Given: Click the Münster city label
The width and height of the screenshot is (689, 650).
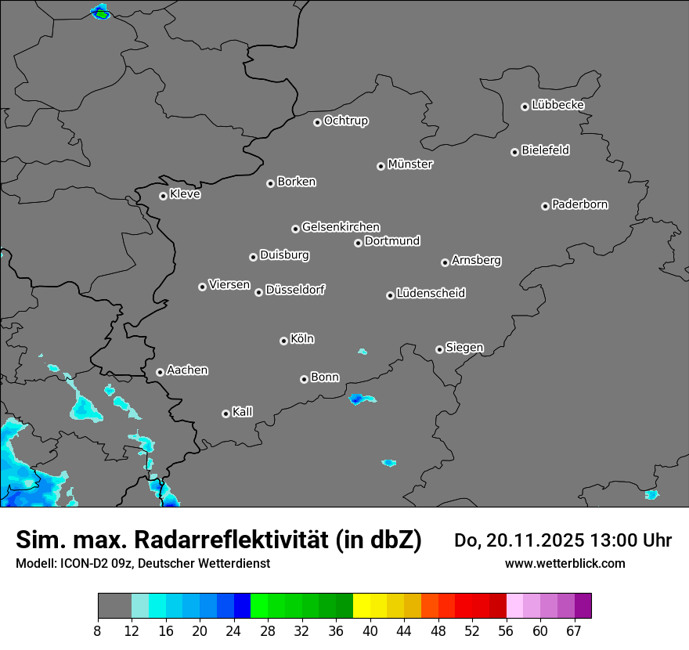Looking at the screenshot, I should coord(410,164).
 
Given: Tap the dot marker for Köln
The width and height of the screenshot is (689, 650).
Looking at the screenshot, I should coord(283,341).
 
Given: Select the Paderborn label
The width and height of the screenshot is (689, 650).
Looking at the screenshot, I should coord(580,204).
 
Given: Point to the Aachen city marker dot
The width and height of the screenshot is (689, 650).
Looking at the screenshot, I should coord(160,372).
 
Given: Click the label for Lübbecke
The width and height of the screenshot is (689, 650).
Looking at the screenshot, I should coord(557,105).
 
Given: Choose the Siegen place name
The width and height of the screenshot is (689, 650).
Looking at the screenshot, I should coord(464,348).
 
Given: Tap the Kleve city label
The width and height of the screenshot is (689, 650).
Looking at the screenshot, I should coord(185,194).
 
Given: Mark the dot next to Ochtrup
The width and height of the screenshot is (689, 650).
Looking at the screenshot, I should coord(317,122).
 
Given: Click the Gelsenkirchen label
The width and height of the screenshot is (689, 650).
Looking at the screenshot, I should coord(341,227).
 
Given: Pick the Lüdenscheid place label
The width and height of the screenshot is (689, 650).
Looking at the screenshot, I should coord(431,294).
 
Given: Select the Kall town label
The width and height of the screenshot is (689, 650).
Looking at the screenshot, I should coord(243,412).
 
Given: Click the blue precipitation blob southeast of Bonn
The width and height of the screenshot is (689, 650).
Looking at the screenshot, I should coord(361,399).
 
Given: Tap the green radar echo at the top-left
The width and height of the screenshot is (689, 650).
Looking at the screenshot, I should coord(100,13).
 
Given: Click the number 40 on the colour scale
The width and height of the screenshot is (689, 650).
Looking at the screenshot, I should coord(370,630).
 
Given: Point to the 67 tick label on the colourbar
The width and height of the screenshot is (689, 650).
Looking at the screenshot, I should coord(574,630).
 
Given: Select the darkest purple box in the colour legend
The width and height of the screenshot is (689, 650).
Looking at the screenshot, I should coord(583,606).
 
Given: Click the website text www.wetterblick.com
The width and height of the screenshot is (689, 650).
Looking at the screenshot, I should coord(565,563).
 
